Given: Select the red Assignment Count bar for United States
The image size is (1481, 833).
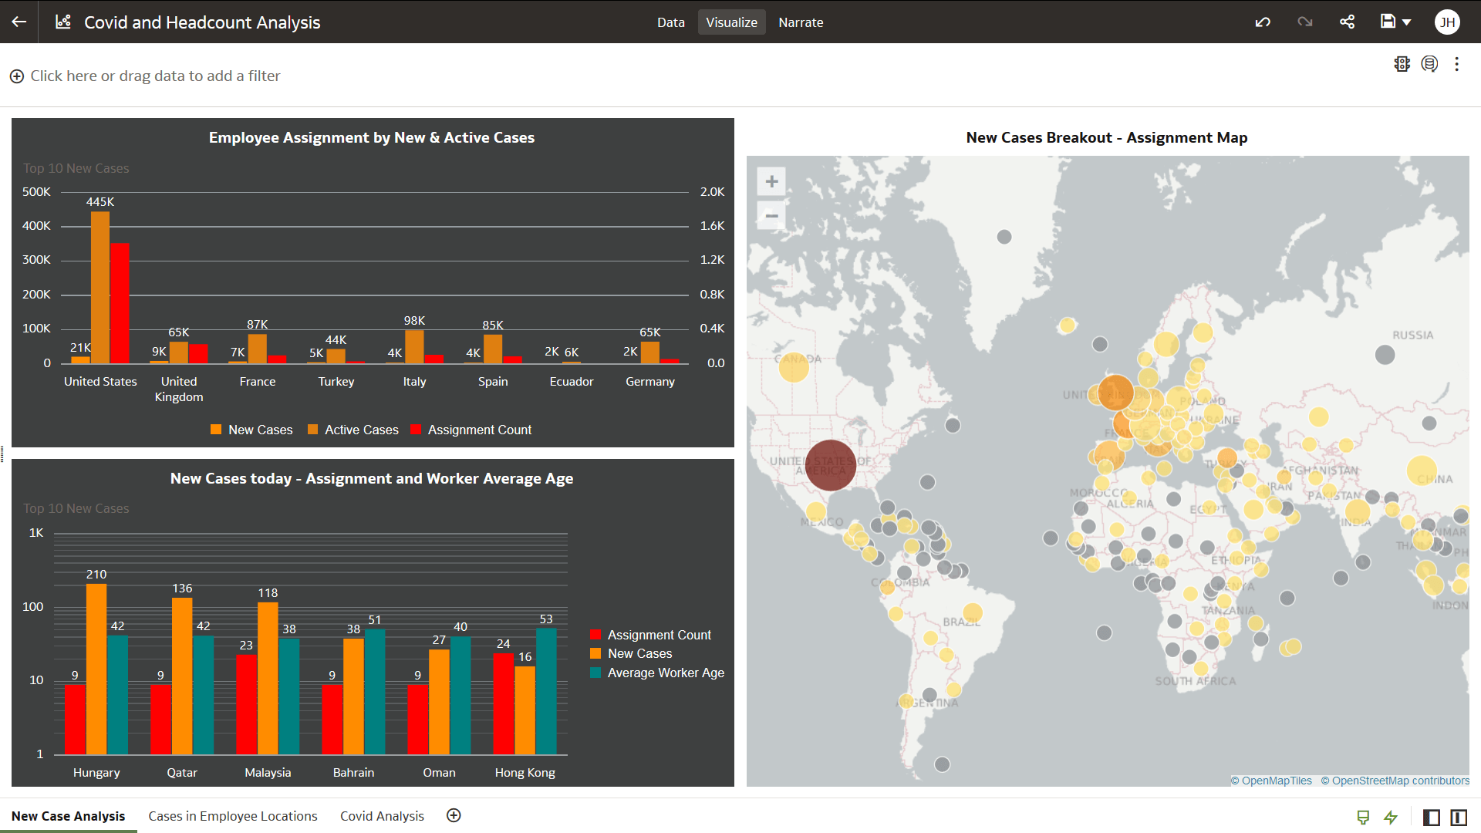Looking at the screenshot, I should [x=120, y=305].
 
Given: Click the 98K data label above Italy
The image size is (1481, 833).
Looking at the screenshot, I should [x=414, y=321].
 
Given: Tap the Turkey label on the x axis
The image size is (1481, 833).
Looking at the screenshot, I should [x=336, y=382].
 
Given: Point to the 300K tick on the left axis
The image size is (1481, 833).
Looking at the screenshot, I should [x=36, y=260].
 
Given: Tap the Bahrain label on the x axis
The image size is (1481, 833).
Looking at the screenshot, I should [x=353, y=773].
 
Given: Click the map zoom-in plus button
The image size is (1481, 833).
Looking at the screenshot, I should [x=771, y=182].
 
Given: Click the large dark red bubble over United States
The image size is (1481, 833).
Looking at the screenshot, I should [x=831, y=466].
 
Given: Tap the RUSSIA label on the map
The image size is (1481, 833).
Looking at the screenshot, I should [x=1412, y=336].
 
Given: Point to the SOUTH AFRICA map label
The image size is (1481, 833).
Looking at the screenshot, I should [x=1195, y=681].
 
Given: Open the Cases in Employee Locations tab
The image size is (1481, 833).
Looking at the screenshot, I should [x=233, y=816].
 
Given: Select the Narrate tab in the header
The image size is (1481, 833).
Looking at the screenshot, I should [x=801, y=22].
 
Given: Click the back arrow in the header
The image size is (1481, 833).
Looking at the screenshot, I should [x=19, y=22].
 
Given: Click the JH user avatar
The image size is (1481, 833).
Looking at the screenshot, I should [x=1447, y=22].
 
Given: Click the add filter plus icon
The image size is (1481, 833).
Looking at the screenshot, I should [x=16, y=76].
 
